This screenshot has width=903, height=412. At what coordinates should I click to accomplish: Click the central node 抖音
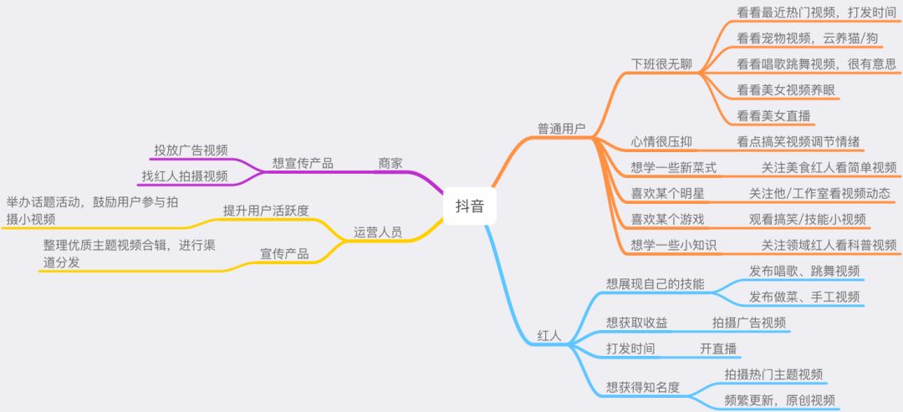click(x=469, y=205)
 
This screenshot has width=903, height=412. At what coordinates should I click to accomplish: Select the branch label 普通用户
click(x=561, y=129)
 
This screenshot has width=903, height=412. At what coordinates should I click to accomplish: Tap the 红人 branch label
click(x=548, y=337)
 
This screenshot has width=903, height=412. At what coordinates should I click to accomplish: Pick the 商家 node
click(x=390, y=163)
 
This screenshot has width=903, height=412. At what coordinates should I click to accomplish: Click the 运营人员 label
click(x=378, y=231)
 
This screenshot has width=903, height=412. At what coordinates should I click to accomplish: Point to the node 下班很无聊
click(x=661, y=64)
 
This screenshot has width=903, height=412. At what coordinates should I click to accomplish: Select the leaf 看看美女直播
click(x=775, y=115)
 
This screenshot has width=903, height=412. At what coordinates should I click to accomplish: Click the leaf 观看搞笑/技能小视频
click(x=808, y=219)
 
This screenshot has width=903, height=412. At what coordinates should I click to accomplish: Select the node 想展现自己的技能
click(x=655, y=284)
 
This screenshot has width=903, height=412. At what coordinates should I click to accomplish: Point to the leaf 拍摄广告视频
click(x=749, y=323)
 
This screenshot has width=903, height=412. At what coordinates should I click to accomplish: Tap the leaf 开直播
click(x=718, y=348)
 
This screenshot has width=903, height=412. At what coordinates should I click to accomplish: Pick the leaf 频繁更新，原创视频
click(x=779, y=399)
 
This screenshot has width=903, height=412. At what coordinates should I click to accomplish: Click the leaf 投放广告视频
click(x=191, y=150)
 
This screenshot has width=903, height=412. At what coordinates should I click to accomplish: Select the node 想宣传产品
click(x=303, y=163)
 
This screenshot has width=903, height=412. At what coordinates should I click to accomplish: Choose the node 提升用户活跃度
click(x=266, y=210)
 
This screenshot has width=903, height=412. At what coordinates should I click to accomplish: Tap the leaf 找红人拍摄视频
click(x=184, y=175)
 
